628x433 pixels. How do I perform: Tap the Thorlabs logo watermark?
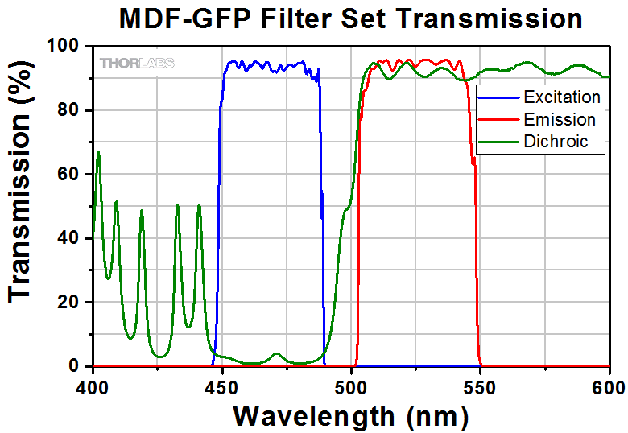coord(137,63)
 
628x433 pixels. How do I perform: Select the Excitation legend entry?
coord(561,97)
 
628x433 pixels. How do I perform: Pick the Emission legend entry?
coord(559,120)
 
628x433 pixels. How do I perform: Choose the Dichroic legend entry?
coord(556,142)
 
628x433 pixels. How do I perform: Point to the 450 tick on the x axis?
coord(221,386)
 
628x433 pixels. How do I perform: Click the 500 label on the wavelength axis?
coord(351,386)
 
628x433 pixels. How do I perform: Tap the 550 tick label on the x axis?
coord(481,386)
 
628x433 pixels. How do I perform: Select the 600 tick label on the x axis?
coord(608,386)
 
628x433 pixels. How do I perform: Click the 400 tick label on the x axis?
coord(93,386)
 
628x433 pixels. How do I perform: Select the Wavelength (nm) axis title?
coord(350,415)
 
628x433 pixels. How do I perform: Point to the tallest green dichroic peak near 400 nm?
coord(98,153)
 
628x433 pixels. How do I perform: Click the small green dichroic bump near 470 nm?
coord(276,354)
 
